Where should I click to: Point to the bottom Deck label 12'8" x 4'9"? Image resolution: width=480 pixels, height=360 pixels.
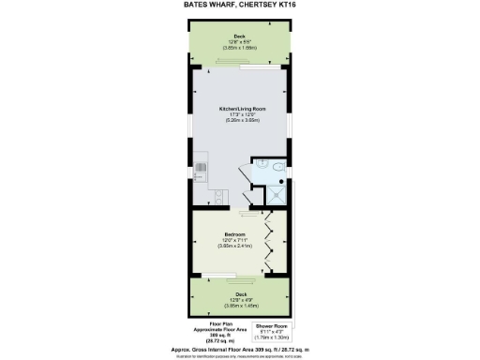point(240,294)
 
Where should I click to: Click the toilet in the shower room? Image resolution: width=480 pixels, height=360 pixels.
point(280,165)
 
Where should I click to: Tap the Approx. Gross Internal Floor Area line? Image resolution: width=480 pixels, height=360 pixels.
point(240,347)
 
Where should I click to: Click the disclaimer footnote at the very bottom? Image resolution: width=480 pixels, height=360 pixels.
point(240,354)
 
